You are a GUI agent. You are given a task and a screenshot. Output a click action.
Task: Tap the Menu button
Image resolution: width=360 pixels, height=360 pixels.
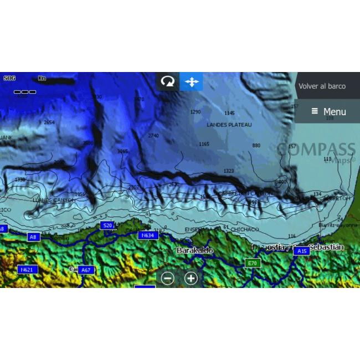328,111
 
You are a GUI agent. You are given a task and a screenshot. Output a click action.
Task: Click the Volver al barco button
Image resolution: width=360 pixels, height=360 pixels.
322,86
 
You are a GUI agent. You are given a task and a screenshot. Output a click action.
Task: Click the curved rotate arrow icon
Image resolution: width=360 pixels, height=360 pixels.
167,81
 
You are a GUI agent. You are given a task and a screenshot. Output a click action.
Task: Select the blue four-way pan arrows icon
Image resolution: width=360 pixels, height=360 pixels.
191,81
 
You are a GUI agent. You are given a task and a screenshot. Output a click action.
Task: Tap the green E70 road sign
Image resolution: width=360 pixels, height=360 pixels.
253,263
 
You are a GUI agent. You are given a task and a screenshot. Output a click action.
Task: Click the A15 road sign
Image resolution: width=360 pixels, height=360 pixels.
301,251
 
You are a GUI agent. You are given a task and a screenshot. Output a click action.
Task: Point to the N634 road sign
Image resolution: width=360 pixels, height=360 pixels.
147,235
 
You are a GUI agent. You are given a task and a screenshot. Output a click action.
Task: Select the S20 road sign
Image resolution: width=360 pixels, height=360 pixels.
107,225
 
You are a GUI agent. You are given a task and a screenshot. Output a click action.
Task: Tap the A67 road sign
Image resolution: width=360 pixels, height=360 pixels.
85,270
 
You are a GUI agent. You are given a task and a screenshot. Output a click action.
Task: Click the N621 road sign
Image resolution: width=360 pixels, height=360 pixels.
26,270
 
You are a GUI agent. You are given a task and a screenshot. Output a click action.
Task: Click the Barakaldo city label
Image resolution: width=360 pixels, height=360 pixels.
194,250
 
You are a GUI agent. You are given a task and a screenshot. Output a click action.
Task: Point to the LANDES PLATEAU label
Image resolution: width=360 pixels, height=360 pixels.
229,125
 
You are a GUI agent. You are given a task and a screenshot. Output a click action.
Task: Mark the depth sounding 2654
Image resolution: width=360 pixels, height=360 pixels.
49,122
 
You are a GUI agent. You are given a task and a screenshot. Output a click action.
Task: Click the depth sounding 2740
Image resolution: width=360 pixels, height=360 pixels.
153,136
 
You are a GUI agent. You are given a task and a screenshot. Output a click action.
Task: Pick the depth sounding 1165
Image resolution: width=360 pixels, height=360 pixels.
204,145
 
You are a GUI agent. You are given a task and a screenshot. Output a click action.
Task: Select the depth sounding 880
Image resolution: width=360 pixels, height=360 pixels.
256,146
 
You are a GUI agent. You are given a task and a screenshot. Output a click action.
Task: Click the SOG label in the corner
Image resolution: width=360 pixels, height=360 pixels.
9,79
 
